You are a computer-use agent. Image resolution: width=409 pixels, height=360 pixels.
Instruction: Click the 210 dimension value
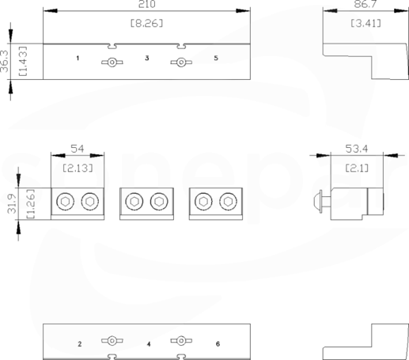click(147, 4)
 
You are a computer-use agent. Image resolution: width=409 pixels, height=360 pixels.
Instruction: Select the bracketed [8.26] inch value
click(147, 24)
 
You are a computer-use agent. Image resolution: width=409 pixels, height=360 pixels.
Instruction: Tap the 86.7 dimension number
click(365, 4)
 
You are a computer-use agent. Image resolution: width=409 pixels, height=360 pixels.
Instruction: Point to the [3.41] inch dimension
click(365, 24)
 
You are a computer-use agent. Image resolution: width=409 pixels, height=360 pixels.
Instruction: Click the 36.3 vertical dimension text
click(5, 61)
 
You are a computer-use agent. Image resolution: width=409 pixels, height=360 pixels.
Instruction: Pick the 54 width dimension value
click(78, 149)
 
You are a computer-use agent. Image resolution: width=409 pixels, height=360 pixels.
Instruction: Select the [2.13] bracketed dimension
click(78, 168)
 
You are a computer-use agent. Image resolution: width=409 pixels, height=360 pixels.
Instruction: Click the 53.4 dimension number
click(356, 149)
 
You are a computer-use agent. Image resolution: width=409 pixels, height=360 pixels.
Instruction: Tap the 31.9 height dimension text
click(12, 203)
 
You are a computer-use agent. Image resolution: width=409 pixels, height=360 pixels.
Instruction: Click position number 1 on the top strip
click(78, 58)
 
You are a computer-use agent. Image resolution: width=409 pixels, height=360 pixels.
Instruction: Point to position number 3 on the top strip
click(147, 58)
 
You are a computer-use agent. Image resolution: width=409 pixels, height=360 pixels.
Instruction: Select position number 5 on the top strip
click(216, 58)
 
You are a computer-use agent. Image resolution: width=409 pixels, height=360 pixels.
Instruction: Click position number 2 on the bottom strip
click(79, 344)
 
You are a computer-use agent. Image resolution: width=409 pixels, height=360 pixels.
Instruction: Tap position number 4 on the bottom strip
click(149, 344)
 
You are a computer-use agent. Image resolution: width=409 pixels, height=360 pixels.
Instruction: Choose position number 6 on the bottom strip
click(218, 344)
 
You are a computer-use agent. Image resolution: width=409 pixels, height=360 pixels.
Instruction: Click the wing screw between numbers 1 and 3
click(112, 63)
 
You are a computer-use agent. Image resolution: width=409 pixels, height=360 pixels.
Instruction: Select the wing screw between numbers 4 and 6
click(181, 341)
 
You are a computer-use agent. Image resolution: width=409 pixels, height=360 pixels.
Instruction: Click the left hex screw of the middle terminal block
click(134, 202)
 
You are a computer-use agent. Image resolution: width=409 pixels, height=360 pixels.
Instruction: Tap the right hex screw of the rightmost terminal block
click(228, 202)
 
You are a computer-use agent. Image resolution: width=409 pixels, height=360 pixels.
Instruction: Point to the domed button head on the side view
click(318, 202)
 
